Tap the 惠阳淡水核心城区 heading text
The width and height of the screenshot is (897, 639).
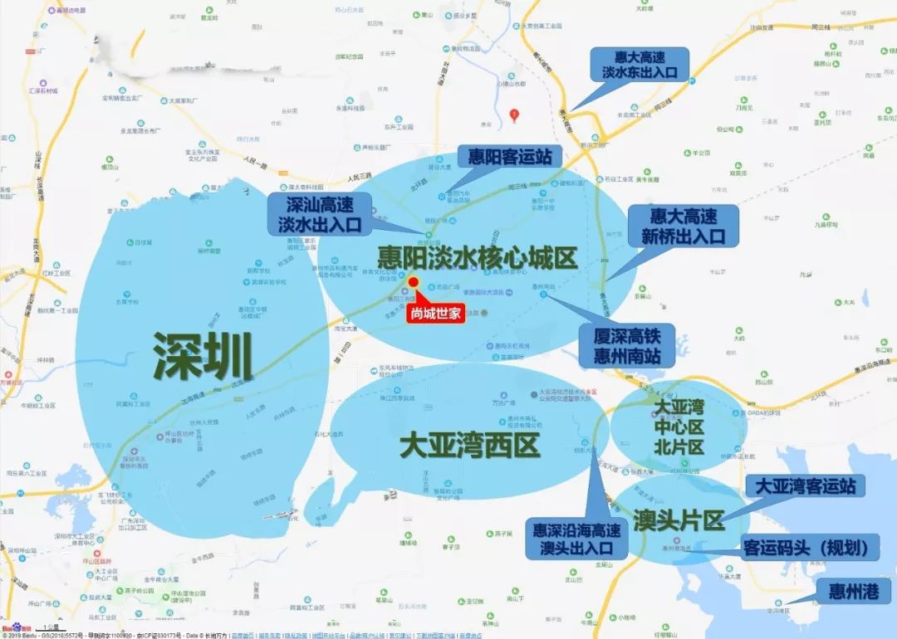[477, 256]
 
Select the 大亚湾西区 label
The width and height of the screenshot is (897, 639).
[469, 446]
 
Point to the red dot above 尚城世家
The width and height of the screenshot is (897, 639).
[413, 283]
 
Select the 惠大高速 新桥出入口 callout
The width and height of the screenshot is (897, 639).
[683, 226]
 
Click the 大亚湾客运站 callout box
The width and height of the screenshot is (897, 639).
[805, 485]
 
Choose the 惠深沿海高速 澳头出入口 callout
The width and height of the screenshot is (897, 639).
[577, 538]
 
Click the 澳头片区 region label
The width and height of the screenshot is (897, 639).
[678, 520]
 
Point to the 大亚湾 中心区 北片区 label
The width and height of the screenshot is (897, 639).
[679, 427]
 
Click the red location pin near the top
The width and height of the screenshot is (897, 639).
[515, 115]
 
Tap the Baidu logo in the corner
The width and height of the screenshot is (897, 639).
[14, 628]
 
